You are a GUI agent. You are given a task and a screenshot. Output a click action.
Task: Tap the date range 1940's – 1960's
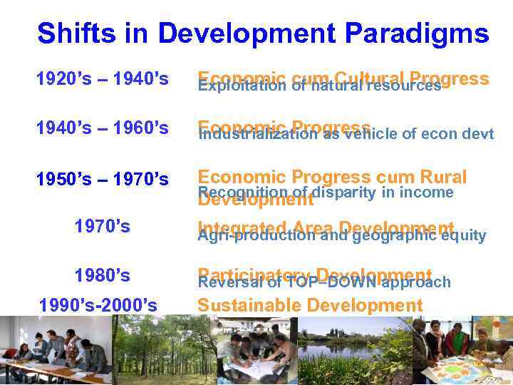103,128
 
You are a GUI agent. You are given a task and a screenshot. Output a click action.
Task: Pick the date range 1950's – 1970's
103,178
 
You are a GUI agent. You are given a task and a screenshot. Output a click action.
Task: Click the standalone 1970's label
103,227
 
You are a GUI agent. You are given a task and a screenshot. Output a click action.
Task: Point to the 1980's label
103,274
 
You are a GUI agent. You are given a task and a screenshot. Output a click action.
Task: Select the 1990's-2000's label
98,305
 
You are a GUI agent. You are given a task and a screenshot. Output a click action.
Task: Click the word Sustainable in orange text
247,306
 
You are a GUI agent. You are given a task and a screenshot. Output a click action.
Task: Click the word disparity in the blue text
341,192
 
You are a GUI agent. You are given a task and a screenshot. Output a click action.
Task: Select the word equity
463,235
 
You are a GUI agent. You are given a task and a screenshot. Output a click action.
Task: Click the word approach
416,282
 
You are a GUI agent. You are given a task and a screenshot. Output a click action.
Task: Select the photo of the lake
353,349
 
